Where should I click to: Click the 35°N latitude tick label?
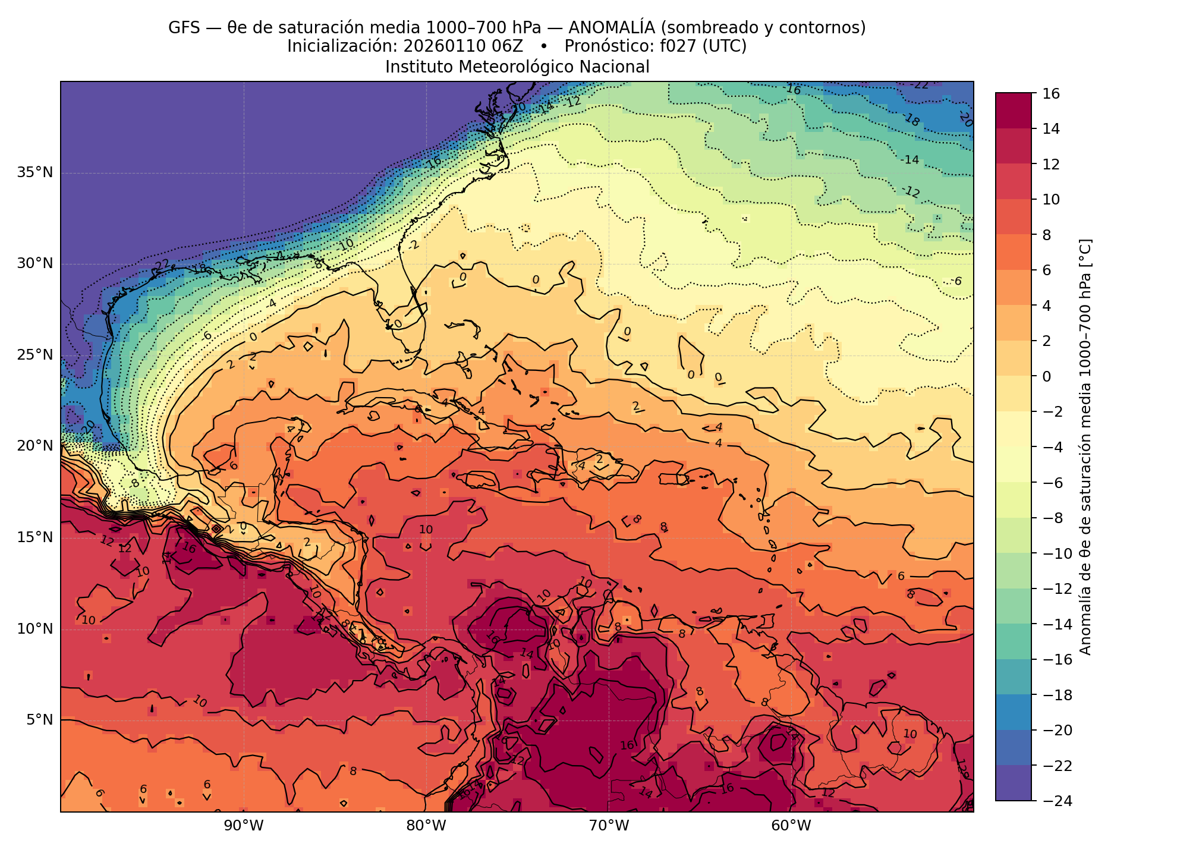[34, 173]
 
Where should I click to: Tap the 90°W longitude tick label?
[243, 826]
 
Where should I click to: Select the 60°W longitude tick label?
[791, 826]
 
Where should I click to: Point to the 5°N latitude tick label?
[39, 720]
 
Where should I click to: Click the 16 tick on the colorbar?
[1051, 93]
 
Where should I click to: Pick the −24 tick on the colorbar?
[1055, 801]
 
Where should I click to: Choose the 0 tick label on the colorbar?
[1047, 376]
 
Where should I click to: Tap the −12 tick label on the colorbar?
[1055, 588]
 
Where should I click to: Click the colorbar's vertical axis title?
[1085, 447]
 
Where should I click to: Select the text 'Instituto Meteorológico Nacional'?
[517, 67]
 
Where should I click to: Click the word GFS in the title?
[184, 27]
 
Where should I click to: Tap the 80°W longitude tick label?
[426, 826]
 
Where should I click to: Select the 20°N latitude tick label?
[34, 446]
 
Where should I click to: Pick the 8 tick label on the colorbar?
[1047, 235]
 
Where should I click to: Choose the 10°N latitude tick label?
[34, 629]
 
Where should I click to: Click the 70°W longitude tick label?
[608, 826]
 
